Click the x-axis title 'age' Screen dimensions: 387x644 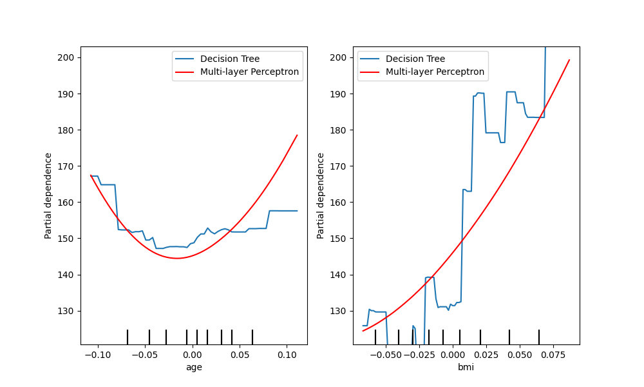coord(194,367)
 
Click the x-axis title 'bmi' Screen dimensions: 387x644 coord(466,367)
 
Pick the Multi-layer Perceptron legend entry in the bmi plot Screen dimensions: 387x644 coord(435,72)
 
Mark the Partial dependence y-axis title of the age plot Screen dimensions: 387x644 coord(48,195)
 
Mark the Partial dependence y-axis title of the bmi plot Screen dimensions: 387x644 coord(321,195)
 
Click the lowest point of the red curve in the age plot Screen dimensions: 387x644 coord(176,258)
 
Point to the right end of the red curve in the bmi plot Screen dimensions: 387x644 coord(569,60)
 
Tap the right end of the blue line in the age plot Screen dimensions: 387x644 coord(297,211)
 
